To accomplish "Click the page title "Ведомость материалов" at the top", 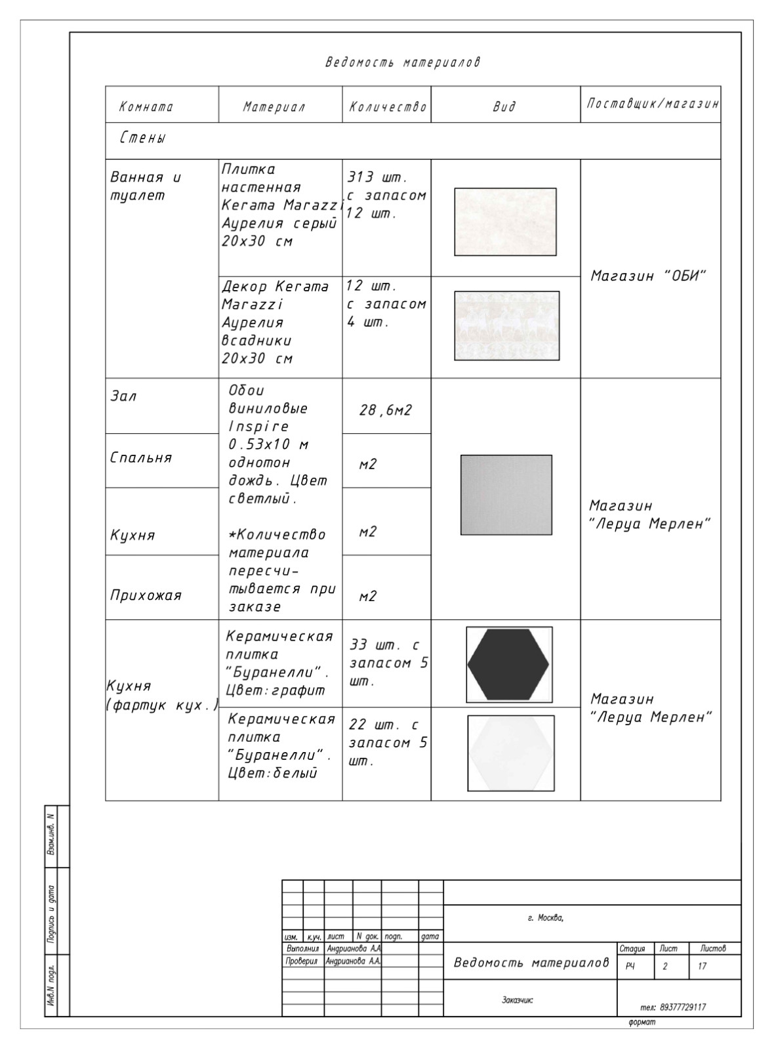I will pos(403,62).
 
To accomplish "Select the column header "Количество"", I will pos(387,107).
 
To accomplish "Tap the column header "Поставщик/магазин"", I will pos(652,104).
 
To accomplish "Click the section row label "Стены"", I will pos(143,138).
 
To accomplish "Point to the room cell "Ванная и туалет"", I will pos(146,186).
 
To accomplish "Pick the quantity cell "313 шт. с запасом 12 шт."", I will pos(386,196).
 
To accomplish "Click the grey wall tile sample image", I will pos(505,222).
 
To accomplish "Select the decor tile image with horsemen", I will pos(506,325).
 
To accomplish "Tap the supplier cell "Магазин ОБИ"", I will pos(648,276).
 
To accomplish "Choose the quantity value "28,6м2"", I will pos(386,411).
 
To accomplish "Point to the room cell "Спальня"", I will pos(140,457).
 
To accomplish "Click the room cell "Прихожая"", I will pos(145,595).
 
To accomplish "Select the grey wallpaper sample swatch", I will pos(506,495).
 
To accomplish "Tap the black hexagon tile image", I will pos(508,664).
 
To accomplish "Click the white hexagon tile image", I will pos(510,753).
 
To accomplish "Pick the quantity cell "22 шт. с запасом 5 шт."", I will pos(388,743).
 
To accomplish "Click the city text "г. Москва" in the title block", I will pos(545,917).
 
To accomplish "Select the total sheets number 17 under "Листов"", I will pos(703,967).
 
